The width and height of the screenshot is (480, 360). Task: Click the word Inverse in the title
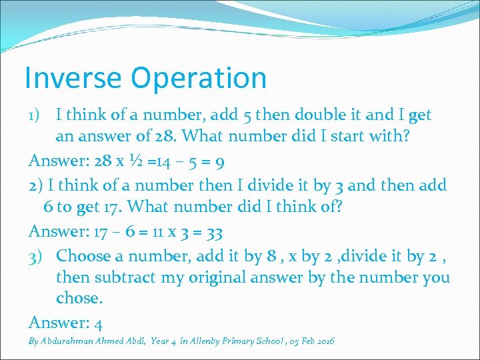pyautogui.click(x=73, y=78)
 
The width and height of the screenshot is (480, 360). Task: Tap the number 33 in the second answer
pyautogui.click(x=214, y=233)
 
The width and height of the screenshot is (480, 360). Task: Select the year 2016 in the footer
pyautogui.click(x=323, y=341)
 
